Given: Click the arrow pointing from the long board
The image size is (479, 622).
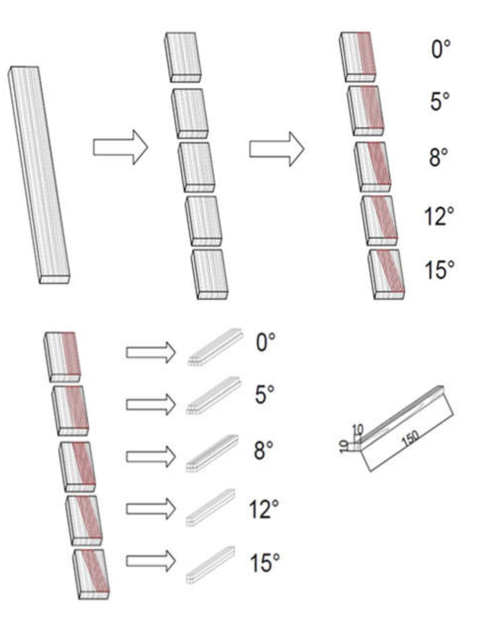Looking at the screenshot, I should tap(120, 147).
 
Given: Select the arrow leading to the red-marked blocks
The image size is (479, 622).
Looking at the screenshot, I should tap(276, 149).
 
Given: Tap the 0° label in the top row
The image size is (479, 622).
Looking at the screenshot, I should tap(440, 49).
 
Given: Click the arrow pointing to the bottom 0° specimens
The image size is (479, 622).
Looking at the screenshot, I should tap(150, 352).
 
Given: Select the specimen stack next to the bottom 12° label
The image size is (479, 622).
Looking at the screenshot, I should tap(211, 507).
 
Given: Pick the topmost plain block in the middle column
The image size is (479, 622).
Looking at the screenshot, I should tap(183, 57).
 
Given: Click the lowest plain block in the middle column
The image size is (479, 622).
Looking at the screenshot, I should tap(210, 274).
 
